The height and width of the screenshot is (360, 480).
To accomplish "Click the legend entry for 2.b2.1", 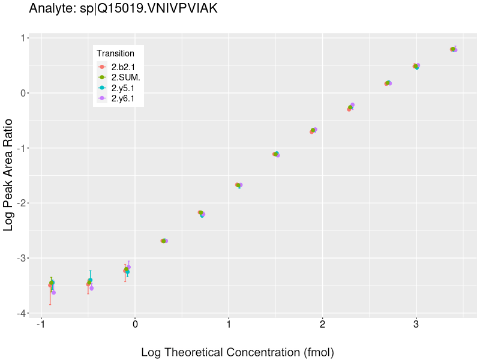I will coord(122,67).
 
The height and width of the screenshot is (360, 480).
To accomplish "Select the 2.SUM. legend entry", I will coord(125,77).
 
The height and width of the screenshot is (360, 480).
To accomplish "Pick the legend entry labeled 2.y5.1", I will coord(122,88).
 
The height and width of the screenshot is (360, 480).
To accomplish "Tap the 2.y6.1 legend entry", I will coord(122,98).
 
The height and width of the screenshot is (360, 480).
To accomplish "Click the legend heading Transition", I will coord(115,53).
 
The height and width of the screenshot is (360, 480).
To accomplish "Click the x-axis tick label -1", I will coord(40,325).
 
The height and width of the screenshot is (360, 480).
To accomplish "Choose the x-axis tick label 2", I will coord(322,325).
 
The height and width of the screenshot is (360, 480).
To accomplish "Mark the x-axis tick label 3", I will coord(416,325).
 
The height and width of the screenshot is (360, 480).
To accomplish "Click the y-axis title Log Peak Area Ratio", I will coord(9,174).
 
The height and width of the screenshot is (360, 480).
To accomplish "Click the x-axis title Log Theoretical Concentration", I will coord(237,352).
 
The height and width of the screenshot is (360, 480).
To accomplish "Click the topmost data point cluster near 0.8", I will coord(454,49).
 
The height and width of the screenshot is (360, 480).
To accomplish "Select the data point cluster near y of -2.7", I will coord(164,241).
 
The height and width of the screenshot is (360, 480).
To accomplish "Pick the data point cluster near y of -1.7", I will coord(239,185).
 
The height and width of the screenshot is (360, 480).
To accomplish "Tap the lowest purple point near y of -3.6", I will coord(53,292).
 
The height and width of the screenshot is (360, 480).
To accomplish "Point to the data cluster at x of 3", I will coord(416,66).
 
